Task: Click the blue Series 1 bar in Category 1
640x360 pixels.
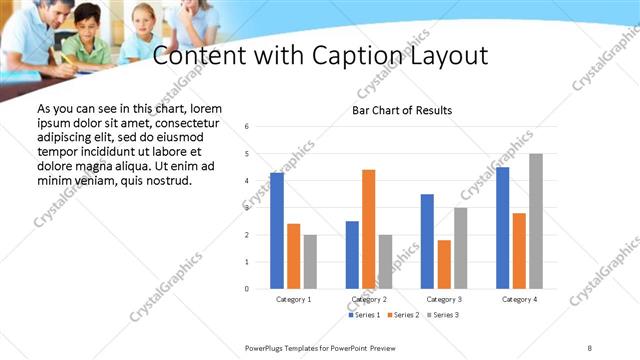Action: point(277,231)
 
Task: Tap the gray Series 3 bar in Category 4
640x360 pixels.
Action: point(535,221)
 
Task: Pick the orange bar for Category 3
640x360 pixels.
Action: point(444,264)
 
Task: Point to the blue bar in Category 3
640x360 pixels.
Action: point(427,241)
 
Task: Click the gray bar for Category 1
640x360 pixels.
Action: point(310,261)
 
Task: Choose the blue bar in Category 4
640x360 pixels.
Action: point(502,228)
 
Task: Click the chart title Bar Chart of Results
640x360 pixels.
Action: point(402,110)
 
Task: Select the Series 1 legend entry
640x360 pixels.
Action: point(364,315)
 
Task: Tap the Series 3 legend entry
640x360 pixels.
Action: point(442,315)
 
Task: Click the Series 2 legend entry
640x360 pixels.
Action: point(403,315)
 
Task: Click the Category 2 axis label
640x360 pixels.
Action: point(370,299)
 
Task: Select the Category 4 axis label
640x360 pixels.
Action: point(520,299)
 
